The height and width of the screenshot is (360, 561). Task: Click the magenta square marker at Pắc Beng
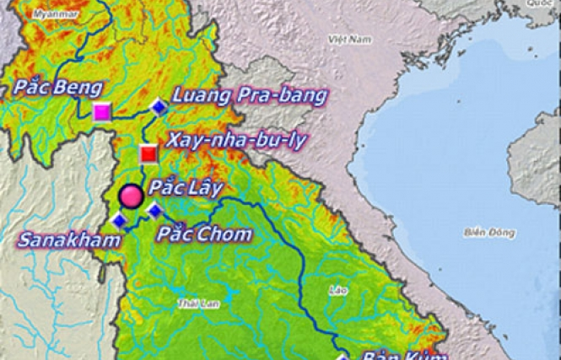tap(103, 112)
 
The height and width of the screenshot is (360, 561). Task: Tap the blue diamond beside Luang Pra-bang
tap(159, 106)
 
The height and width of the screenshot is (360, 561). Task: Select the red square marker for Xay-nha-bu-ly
tap(148, 153)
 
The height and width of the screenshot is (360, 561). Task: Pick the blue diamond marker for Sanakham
tap(119, 221)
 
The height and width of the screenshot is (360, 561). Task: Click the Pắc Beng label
tap(58, 88)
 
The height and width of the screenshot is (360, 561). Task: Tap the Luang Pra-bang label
tap(249, 95)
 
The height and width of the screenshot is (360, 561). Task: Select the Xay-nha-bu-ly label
tap(236, 141)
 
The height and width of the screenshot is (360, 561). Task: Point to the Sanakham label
tap(62, 240)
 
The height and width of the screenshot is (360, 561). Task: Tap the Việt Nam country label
tap(349, 39)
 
